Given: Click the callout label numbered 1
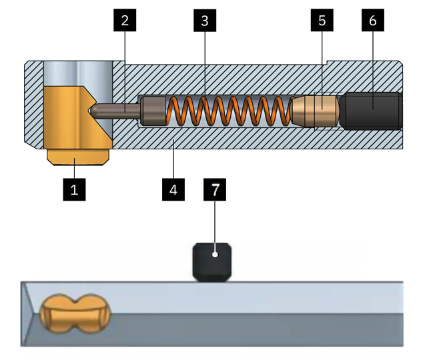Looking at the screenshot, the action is point(74,189).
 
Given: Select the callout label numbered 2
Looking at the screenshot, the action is point(125,20).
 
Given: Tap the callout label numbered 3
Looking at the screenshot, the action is point(205,20).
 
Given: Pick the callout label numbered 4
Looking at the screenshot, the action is point(173,189).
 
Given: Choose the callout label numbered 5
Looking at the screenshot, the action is point(322,20).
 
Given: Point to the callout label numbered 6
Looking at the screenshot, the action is point(373,20).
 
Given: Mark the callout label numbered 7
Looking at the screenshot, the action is point(215,189).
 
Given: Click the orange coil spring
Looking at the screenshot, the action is point(230,111).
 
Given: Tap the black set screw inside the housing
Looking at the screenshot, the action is point(371,111).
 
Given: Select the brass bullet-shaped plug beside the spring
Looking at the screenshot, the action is point(314,111).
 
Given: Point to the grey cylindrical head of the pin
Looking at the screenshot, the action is point(153,111).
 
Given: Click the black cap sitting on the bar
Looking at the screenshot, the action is point(212,262).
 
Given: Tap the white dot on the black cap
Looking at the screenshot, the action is point(215,255).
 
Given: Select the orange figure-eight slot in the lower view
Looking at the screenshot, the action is point(75,314).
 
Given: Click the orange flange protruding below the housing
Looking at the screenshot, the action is point(78,157).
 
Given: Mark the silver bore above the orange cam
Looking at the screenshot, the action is point(78,74).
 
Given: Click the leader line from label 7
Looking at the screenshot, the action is point(215,227).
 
